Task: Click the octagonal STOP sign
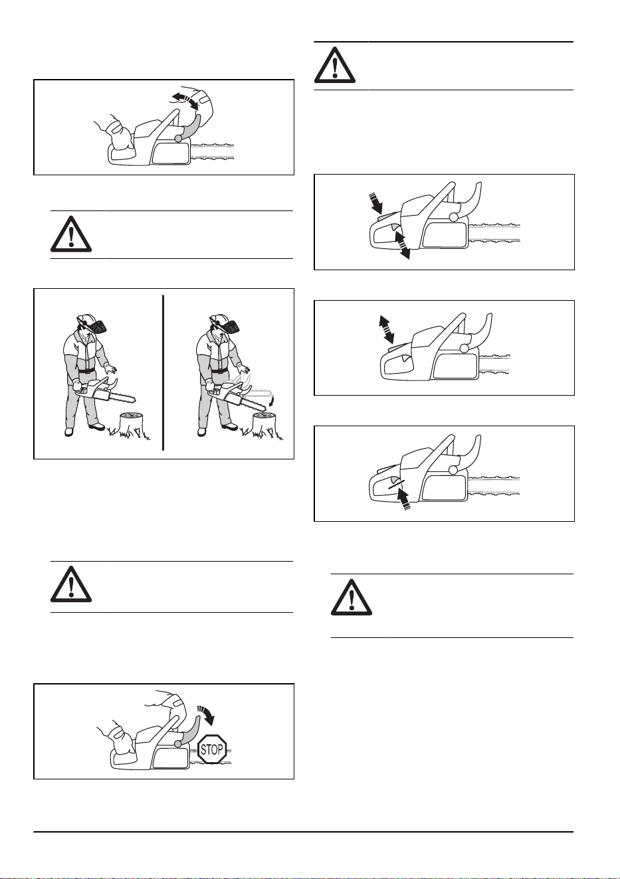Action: [x=212, y=750]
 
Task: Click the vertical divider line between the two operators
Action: [x=163, y=372]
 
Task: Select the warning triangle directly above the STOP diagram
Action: [x=71, y=584]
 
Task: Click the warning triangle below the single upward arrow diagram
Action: [x=352, y=598]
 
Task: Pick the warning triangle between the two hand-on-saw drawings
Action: [x=71, y=234]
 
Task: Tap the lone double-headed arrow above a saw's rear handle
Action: [x=386, y=328]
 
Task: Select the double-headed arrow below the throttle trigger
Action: [x=402, y=245]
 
